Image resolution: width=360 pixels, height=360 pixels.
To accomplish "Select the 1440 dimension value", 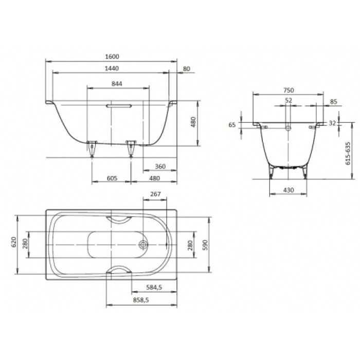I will point(112,68).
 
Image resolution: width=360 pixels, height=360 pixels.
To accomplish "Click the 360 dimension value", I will point(160,167).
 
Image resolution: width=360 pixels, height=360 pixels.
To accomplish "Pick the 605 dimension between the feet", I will point(113,178).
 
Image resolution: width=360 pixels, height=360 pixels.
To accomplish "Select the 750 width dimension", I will point(288,88).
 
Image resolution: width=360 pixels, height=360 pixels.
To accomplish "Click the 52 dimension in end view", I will point(288,101).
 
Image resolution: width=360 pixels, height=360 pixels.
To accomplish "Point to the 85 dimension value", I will point(333,101).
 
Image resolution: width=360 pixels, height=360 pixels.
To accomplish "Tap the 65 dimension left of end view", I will point(232,124).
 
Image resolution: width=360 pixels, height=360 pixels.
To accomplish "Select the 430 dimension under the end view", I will point(288,190).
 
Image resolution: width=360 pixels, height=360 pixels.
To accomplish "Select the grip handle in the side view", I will point(118,105).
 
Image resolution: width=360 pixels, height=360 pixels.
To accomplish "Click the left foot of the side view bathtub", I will point(93,146).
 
